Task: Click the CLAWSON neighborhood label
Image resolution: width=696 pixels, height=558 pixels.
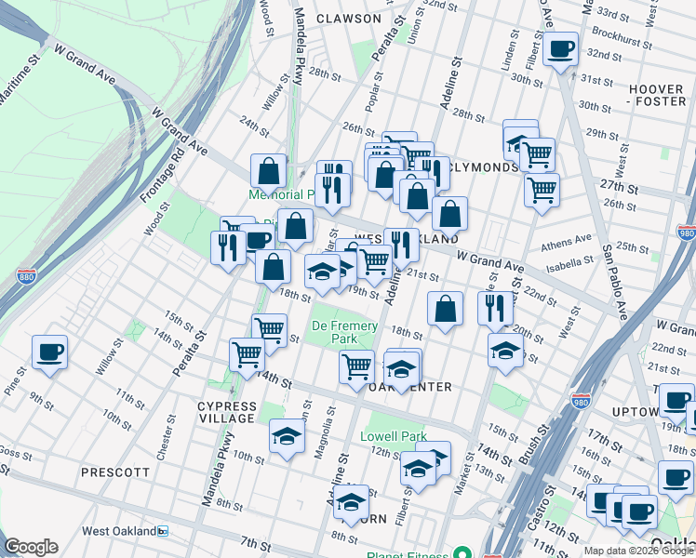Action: coord(348,19)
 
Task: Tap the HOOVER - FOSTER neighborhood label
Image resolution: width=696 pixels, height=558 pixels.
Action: coord(656,95)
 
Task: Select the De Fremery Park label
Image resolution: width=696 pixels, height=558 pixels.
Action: coord(344,333)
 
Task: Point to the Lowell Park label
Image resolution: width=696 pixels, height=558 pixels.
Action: coord(393,436)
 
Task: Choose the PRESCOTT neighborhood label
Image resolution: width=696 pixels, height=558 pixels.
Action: coord(115,472)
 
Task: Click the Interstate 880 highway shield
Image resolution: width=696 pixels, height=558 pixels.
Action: coord(27,276)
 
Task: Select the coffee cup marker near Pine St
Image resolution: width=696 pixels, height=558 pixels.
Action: coord(49,352)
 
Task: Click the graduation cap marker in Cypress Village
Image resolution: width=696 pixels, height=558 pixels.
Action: coord(287,436)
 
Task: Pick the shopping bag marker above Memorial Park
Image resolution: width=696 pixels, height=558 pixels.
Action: coord(268,171)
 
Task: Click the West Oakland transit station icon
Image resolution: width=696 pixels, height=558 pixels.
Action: coord(163,531)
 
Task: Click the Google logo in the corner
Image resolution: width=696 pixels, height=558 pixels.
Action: coord(31,547)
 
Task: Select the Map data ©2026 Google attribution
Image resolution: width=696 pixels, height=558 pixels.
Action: coord(637,551)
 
